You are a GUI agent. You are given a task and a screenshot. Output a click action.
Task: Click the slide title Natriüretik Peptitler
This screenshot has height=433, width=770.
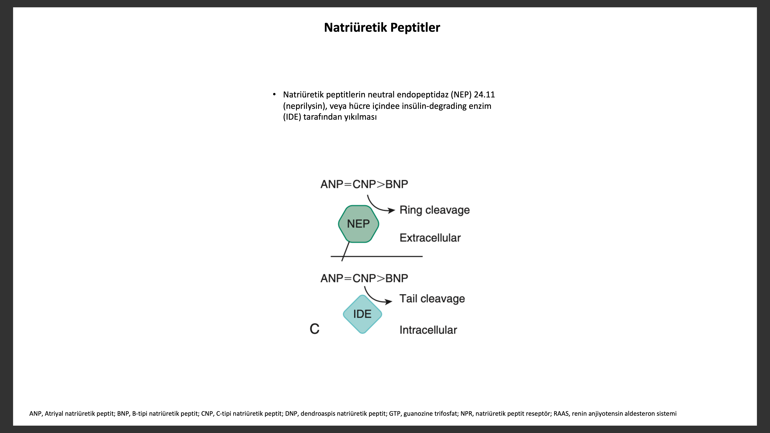point(382,28)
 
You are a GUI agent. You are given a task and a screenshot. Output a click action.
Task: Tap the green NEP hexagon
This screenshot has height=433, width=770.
point(358,224)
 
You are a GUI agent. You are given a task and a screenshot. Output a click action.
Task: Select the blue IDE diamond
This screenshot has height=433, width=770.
point(362,314)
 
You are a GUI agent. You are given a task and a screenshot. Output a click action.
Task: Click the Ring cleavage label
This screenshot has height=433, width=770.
point(435,210)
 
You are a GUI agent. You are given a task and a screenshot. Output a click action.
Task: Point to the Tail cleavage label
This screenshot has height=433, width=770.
point(432,299)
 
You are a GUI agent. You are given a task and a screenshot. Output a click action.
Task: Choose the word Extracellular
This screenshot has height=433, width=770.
point(430,238)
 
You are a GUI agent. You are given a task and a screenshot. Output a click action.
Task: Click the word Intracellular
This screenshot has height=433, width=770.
point(428,330)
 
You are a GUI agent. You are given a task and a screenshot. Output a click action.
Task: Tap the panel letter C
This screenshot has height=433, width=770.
point(314,329)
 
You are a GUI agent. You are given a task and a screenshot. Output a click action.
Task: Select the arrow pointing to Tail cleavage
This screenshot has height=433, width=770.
point(374,298)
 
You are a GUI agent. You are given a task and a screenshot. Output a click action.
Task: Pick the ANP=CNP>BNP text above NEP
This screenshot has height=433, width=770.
point(364,184)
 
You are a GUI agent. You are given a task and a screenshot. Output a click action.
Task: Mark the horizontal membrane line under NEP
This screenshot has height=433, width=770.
point(377,256)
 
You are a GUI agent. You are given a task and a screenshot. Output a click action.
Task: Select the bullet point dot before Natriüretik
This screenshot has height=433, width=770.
point(274,95)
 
